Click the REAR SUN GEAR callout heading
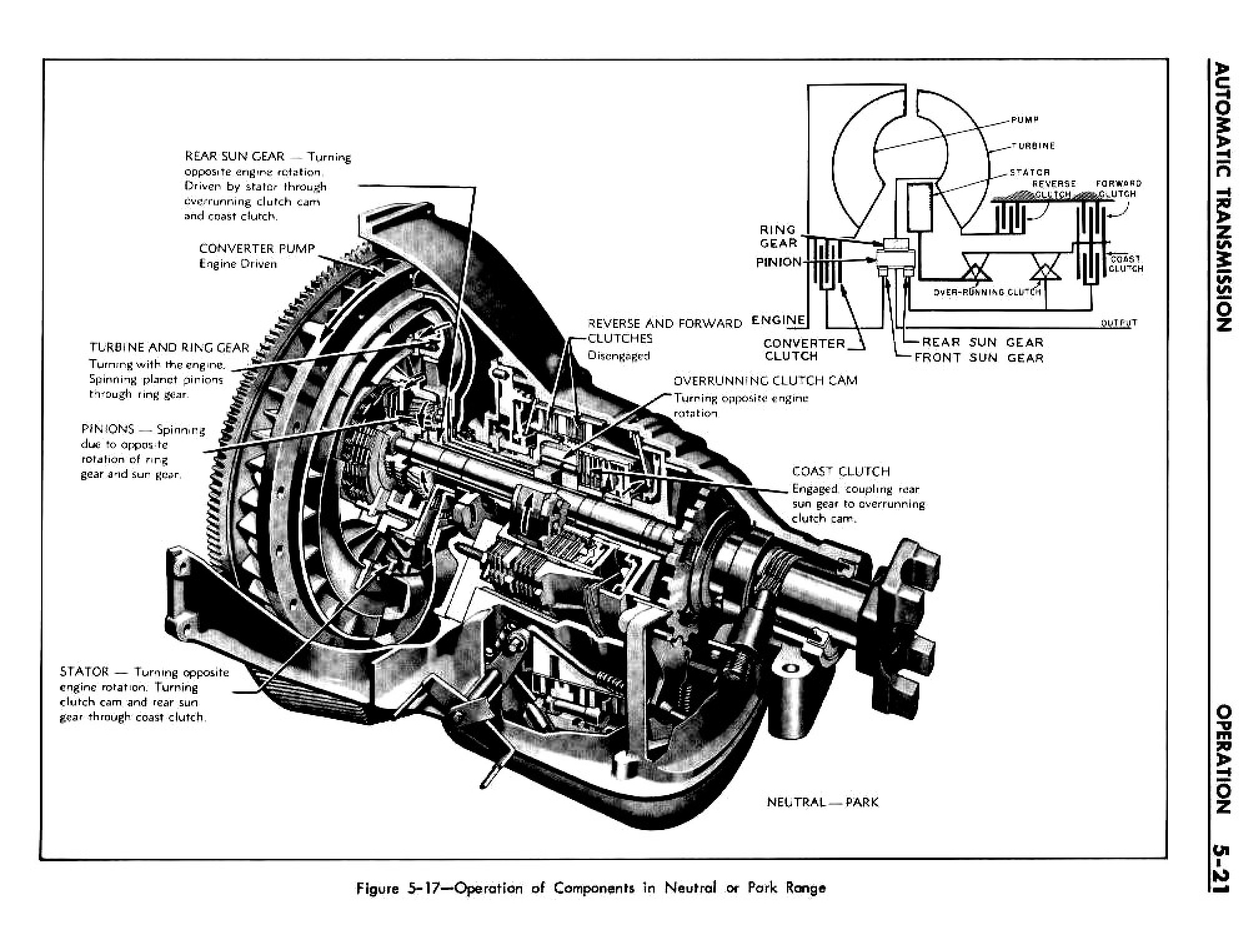[234, 157]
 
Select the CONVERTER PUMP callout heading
[257, 249]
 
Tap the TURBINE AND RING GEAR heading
[169, 348]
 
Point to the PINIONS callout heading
[107, 430]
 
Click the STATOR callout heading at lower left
[84, 673]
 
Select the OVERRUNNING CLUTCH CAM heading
[765, 381]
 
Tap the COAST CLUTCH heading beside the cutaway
[841, 472]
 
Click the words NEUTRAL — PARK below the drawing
[822, 802]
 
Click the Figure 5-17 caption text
[590, 888]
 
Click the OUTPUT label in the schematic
[1119, 324]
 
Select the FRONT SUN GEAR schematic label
[979, 358]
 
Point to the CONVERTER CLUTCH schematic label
[803, 350]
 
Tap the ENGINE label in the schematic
[778, 320]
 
